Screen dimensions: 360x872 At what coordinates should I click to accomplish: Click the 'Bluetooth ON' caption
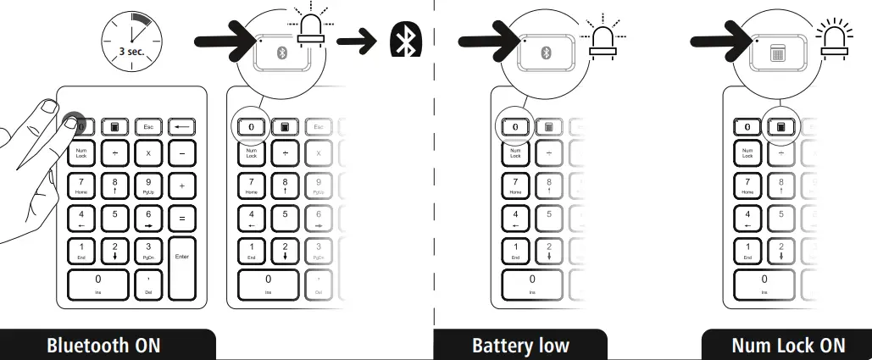pos(103,346)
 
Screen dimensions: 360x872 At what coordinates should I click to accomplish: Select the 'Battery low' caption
pos(520,346)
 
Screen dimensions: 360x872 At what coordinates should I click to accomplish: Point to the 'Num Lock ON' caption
pos(788,346)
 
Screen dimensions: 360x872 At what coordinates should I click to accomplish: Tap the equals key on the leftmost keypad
pos(181,219)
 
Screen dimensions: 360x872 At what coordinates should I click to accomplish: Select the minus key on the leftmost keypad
pos(181,154)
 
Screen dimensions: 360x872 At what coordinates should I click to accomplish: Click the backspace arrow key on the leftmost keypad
pos(181,127)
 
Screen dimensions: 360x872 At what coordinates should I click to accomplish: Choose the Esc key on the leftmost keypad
pos(147,127)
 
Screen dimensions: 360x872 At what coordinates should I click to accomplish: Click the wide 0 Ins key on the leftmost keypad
pos(97,283)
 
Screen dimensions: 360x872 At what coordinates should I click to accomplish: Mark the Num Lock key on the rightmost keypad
pos(747,154)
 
